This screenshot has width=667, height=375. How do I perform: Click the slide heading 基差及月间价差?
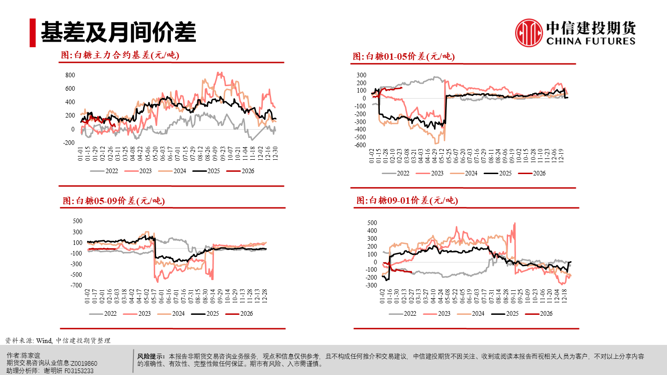[119, 32]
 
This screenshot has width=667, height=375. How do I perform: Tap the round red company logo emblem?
[529, 33]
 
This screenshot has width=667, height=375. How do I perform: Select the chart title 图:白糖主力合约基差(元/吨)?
[120, 55]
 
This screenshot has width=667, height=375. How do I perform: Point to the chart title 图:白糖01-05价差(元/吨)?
[404, 56]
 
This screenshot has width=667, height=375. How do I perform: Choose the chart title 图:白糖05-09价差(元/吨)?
[114, 201]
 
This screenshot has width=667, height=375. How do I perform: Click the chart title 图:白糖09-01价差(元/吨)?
[407, 200]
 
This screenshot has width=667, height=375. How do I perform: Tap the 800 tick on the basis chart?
[70, 75]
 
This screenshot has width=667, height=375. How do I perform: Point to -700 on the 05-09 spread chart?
[76, 285]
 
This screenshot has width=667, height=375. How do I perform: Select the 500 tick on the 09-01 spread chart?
[372, 223]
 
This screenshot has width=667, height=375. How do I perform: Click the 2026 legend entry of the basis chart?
[241, 171]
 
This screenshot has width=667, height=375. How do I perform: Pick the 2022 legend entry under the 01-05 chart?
[396, 173]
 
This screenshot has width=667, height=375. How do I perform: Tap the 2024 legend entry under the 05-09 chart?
[171, 313]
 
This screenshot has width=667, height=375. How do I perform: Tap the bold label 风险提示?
[151, 356]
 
